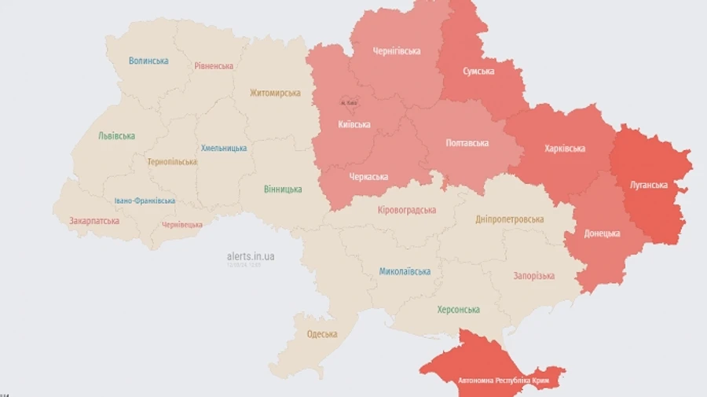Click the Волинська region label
pos(148,61)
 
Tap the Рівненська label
pos(214,66)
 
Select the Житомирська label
pos(275,93)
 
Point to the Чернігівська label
pos(396,51)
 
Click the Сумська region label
pos(478,72)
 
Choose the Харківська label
pos(564,149)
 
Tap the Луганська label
pos(649,186)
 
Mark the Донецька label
pos(602,233)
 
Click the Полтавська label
pos(467,143)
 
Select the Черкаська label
pos(368,177)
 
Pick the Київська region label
pos(354,125)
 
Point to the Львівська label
pos(116,135)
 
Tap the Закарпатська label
pos(94,221)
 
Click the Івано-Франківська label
pos(145,201)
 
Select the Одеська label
pos(322,334)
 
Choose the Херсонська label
pos(458,310)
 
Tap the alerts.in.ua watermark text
pos(251,256)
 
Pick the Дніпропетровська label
pos(509,219)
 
